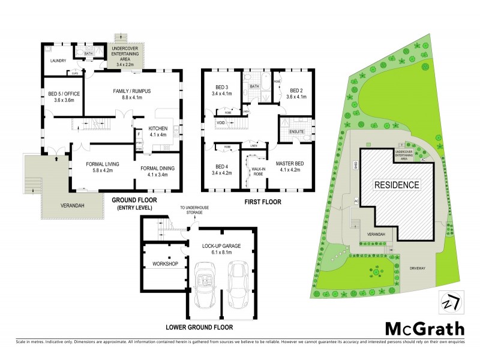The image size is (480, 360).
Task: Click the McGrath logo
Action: pos(424,329)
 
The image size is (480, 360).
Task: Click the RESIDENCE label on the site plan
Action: pos(397,185)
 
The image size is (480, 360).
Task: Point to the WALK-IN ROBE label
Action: pos(257,171)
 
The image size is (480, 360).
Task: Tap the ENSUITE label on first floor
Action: pos(296,131)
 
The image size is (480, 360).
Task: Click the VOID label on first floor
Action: pos(221,123)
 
